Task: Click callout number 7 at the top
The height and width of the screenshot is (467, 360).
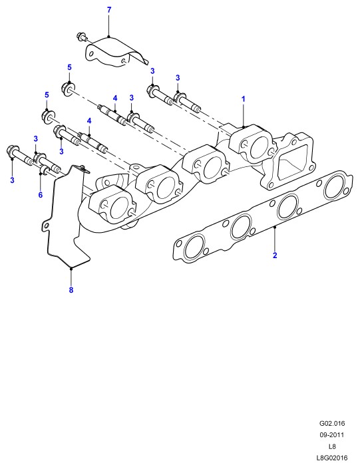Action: pyautogui.click(x=109, y=10)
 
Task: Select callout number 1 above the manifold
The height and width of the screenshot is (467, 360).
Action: pyautogui.click(x=244, y=99)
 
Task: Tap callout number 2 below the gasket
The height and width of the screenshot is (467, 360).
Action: pyautogui.click(x=275, y=255)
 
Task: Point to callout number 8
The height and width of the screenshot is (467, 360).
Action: pyautogui.click(x=71, y=290)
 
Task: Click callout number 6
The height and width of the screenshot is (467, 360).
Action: pyautogui.click(x=41, y=195)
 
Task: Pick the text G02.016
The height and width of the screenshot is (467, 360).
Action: pyautogui.click(x=332, y=423)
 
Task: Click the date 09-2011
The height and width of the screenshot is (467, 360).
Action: pyautogui.click(x=332, y=435)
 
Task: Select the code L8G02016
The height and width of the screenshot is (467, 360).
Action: pyautogui.click(x=332, y=458)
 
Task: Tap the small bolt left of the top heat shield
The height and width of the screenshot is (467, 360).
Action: pyautogui.click(x=82, y=37)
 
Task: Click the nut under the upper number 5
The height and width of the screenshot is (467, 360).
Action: pyautogui.click(x=69, y=88)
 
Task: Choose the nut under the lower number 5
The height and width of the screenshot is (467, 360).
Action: pyautogui.click(x=47, y=116)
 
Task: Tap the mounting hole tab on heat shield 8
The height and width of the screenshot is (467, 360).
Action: pyautogui.click(x=45, y=226)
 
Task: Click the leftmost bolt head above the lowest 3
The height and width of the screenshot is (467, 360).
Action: pyautogui.click(x=11, y=150)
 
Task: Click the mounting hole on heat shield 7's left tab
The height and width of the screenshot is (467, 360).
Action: pyautogui.click(x=92, y=54)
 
